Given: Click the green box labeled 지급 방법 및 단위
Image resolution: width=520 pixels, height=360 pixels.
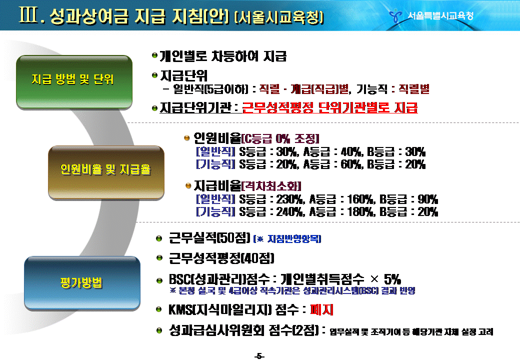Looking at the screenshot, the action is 74,82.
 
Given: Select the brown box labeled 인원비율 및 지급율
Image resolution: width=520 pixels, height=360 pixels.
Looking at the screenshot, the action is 106,172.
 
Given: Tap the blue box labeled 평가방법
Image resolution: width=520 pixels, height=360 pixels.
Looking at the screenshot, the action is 82,283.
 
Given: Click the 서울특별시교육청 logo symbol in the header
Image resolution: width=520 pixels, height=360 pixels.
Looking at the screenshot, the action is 395,15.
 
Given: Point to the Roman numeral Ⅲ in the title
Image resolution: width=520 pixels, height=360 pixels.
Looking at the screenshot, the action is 28,15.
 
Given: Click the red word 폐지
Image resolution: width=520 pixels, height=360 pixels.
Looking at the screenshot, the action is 321,309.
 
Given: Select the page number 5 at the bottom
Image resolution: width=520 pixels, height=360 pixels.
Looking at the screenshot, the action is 259,356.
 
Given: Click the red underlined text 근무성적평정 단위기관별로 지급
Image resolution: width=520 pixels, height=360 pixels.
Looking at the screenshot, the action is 330,107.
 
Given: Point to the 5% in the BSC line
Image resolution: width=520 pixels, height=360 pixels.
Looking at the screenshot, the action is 392,279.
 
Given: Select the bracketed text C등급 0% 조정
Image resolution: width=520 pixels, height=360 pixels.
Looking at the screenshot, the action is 280,138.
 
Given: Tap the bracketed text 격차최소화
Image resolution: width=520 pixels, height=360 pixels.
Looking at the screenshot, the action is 271,186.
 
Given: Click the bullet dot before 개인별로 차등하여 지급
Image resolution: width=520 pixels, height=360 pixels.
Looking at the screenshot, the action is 154,55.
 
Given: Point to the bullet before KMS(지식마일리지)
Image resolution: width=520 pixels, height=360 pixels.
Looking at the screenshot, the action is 159,309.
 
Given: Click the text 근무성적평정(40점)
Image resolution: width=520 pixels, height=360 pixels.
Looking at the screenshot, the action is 221,258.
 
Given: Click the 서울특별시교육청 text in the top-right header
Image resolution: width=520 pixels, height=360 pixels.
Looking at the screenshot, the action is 440,15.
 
